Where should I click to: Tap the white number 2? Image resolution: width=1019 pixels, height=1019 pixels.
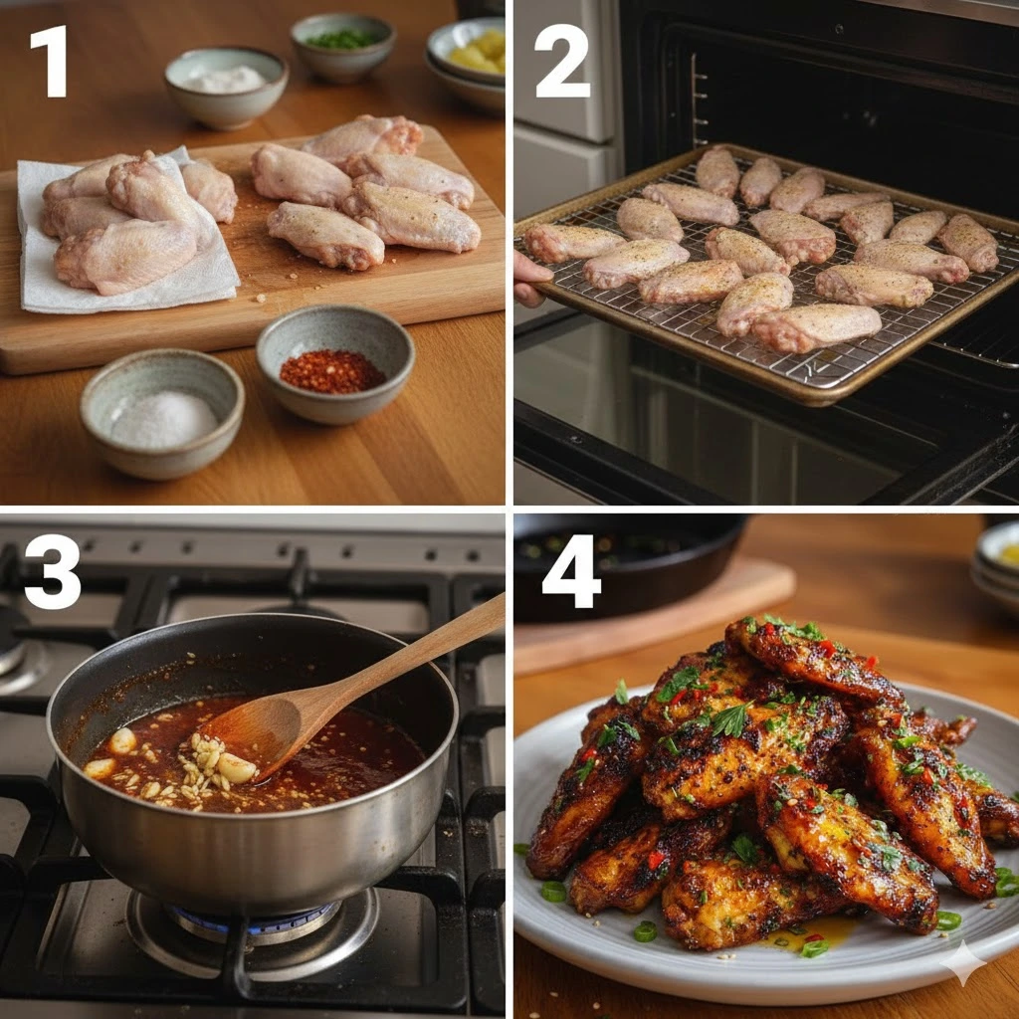tap(562, 61)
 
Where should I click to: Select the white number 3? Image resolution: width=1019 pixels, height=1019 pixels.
tap(52, 572)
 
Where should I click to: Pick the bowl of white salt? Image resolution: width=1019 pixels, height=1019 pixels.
tap(162, 413)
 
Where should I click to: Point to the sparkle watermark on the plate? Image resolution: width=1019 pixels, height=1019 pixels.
tap(963, 962)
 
